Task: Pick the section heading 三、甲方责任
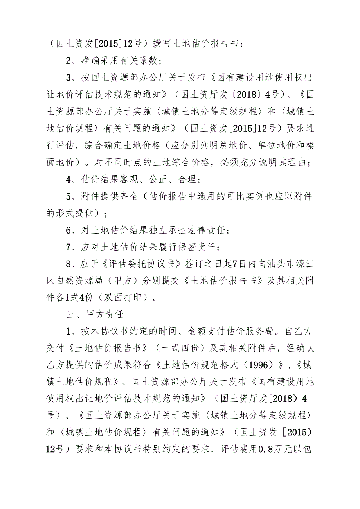click(x=90, y=315)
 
